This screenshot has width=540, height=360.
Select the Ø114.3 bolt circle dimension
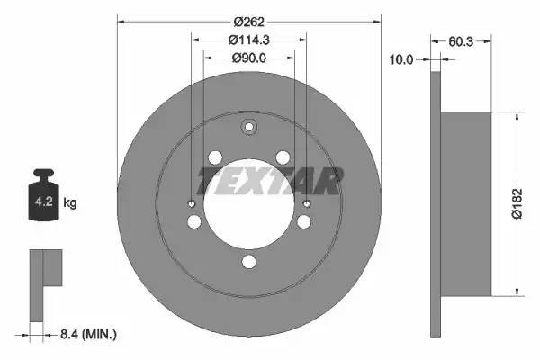pyautogui.click(x=249, y=40)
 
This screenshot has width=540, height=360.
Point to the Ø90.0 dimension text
pyautogui.click(x=249, y=58)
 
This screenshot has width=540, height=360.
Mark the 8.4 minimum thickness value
pyautogui.click(x=89, y=335)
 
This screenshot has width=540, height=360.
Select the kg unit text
pyautogui.click(x=70, y=202)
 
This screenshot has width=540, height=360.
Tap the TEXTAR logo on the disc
pyautogui.click(x=270, y=182)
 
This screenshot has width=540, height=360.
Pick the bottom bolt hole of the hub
pyautogui.click(x=249, y=263)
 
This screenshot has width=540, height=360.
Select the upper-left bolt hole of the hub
pyautogui.click(x=215, y=158)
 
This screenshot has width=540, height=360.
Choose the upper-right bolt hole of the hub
pyautogui.click(x=283, y=158)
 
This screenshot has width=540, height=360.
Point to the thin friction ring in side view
pyautogui.click(x=436, y=202)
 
